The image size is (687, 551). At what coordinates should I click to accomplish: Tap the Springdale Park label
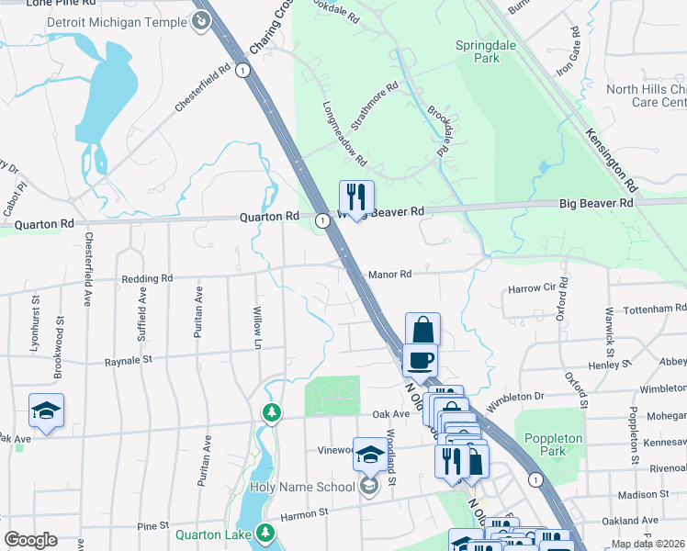click(477, 51)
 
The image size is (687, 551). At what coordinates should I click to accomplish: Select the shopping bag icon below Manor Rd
click(422, 330)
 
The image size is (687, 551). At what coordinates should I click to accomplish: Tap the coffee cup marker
click(421, 360)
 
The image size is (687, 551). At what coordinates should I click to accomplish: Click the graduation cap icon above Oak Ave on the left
click(46, 410)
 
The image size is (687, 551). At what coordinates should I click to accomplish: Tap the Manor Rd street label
click(389, 274)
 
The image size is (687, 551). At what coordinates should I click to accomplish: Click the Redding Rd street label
click(148, 277)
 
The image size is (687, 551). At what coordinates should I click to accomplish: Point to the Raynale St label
click(127, 361)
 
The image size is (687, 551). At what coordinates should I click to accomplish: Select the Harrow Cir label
click(532, 289)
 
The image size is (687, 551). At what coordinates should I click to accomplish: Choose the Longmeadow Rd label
click(344, 132)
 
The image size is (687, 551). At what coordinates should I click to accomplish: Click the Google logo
click(30, 539)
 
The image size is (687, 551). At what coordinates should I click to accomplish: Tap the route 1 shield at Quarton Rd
click(322, 221)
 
